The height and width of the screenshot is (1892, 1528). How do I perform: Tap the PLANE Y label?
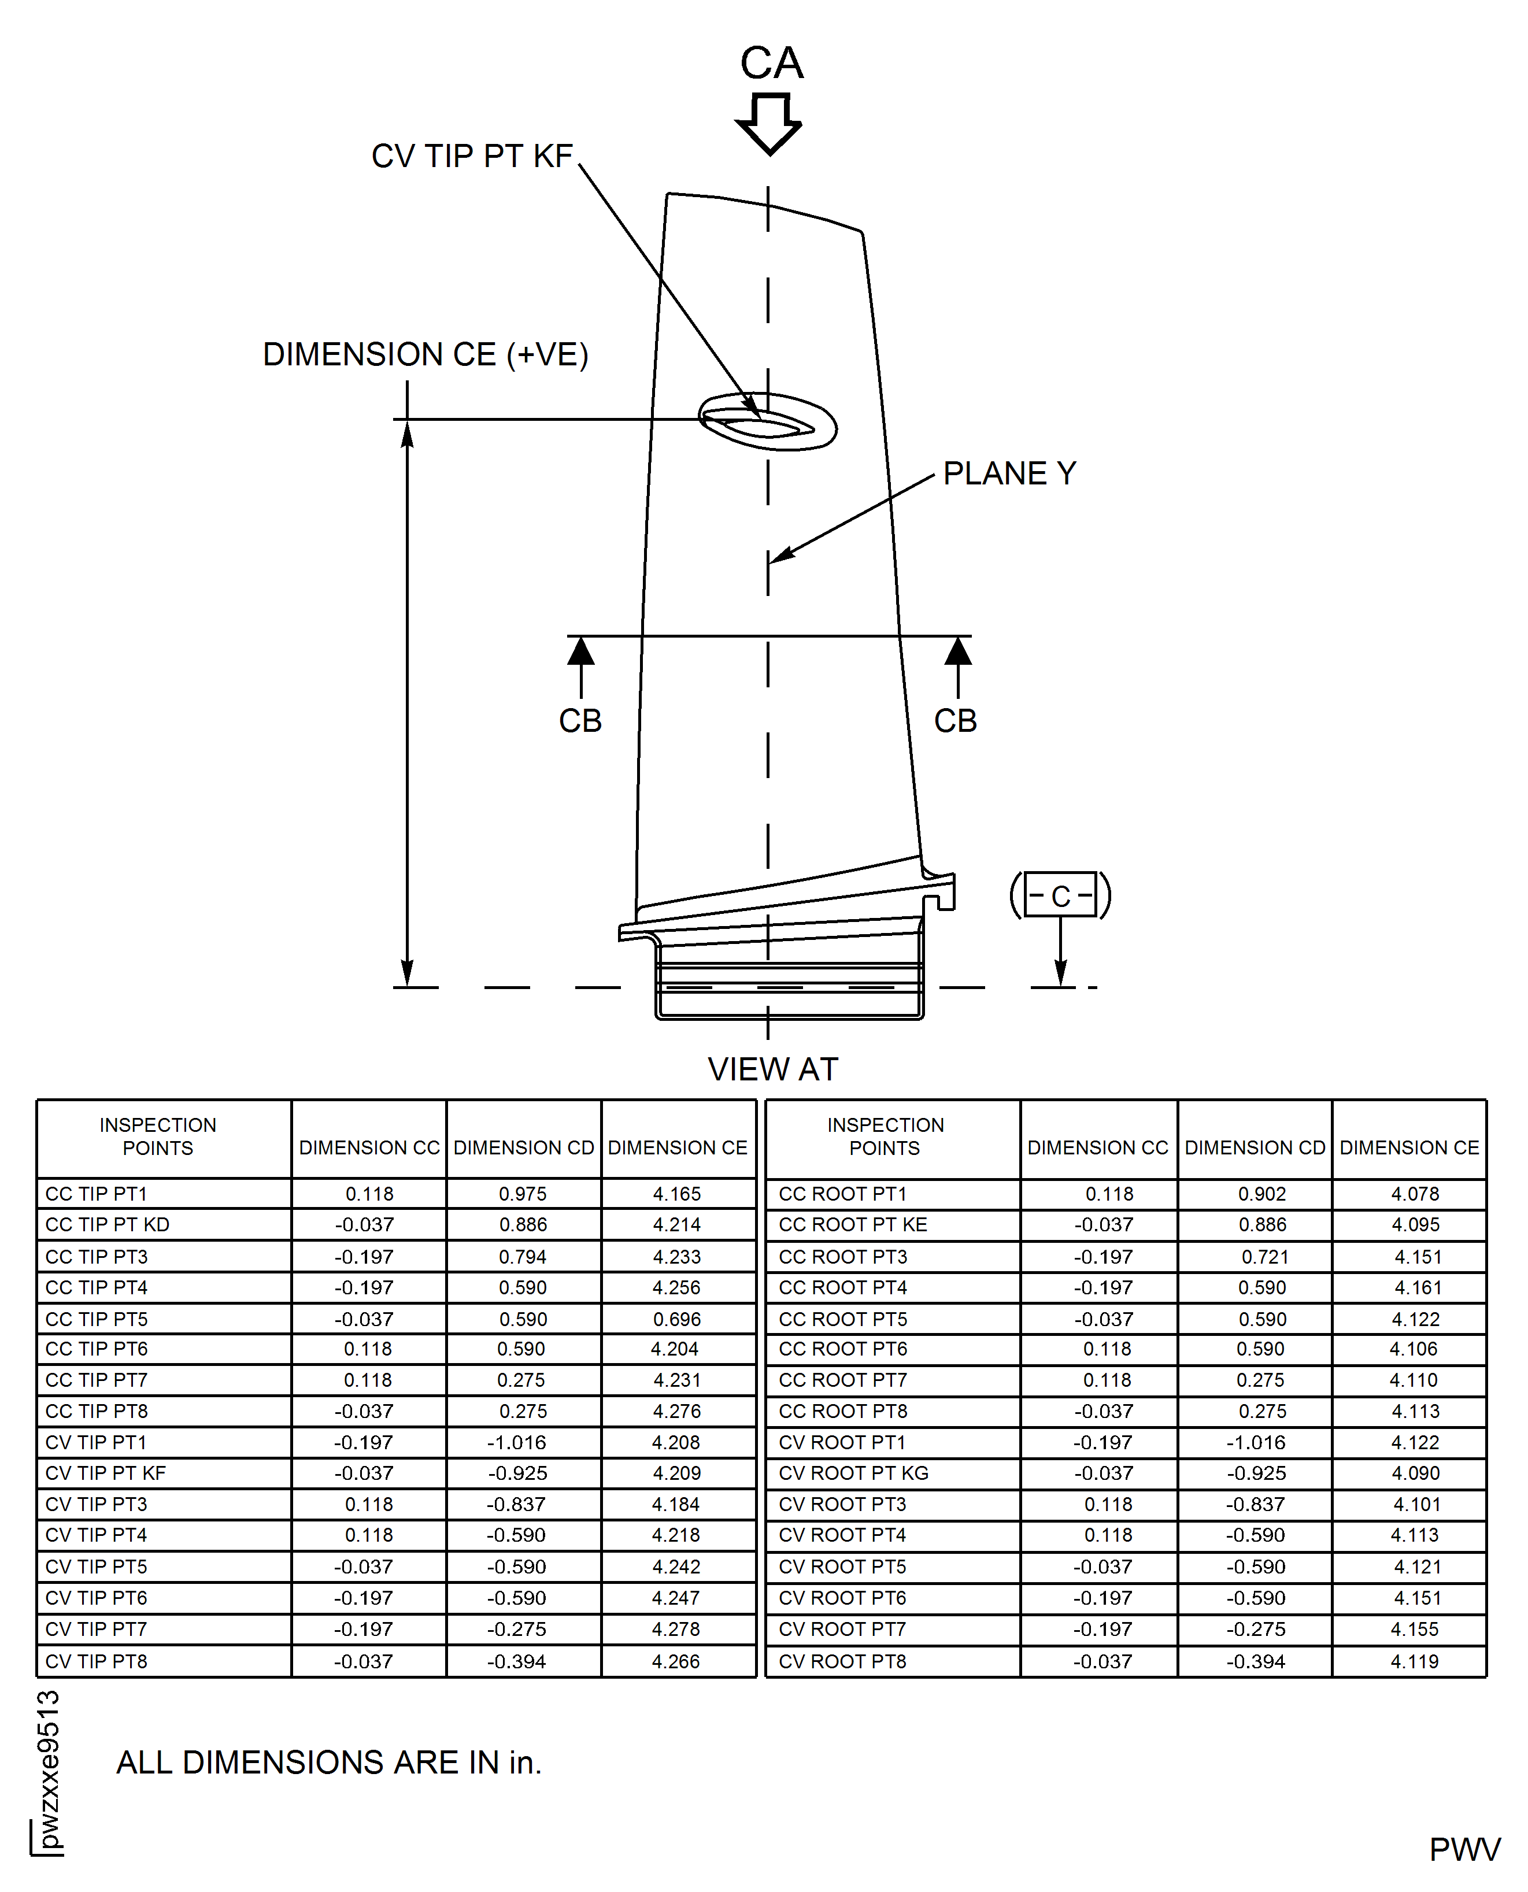click(x=1009, y=473)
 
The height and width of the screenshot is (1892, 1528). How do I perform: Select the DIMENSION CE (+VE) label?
click(x=425, y=354)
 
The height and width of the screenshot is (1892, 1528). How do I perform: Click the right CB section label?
click(x=955, y=721)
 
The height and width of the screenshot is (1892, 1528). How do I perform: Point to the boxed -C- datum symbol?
click(x=1061, y=896)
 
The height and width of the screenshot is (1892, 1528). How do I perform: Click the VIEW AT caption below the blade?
click(x=773, y=1069)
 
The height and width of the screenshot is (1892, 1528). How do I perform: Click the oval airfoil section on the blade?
click(x=768, y=423)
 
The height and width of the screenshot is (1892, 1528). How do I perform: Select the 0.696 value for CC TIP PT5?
click(x=677, y=1319)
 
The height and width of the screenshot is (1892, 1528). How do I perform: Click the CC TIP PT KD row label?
click(x=108, y=1224)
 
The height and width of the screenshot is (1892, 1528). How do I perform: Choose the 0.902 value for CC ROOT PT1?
click(x=1261, y=1194)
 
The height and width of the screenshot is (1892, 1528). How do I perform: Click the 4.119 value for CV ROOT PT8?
click(x=1415, y=1661)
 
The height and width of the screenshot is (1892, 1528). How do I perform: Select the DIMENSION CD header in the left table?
click(x=524, y=1147)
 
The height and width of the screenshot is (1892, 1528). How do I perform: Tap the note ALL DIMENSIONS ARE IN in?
click(x=329, y=1763)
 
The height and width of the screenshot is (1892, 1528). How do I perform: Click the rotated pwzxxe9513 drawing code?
click(x=49, y=1769)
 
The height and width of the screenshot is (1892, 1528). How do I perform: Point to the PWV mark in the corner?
click(x=1464, y=1850)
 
